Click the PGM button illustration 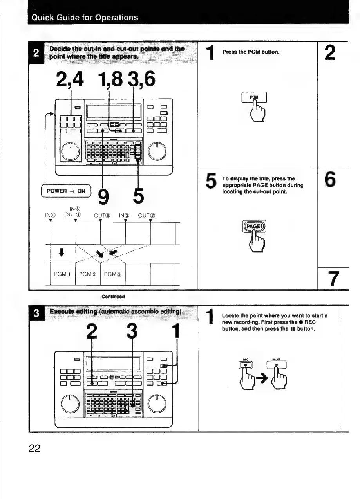tap(255, 96)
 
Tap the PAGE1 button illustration tap(255, 227)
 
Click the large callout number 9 tap(103, 196)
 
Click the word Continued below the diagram tap(113, 296)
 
